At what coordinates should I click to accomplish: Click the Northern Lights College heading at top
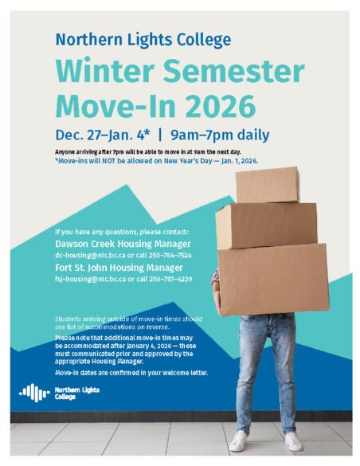point(143,39)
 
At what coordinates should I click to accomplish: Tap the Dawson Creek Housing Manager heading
point(123,243)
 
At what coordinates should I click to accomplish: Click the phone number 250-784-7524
point(170,254)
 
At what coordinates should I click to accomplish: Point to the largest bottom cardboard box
point(272,278)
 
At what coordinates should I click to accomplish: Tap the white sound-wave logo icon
point(33,392)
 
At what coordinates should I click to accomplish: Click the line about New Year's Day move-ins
point(156,160)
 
